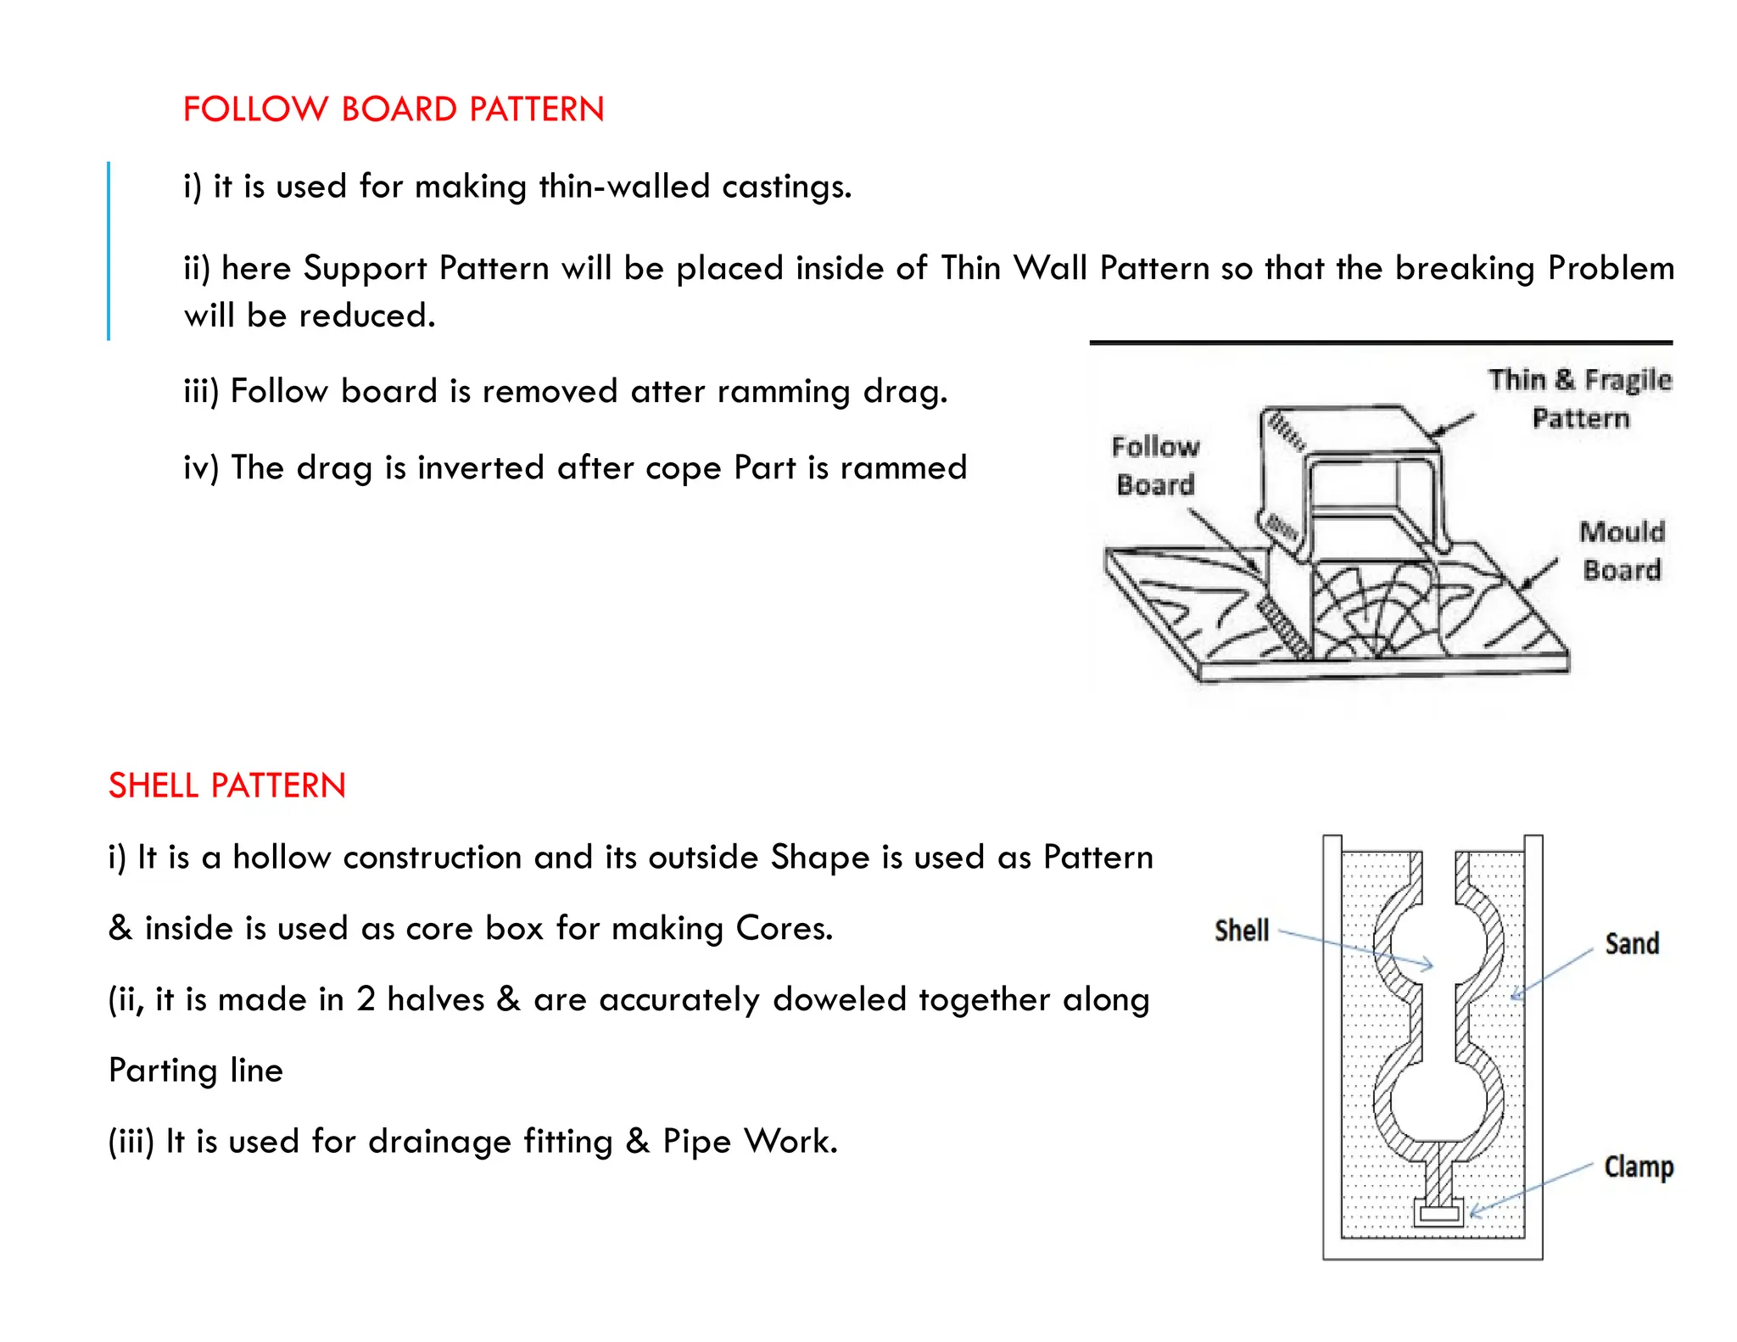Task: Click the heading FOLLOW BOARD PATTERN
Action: click(x=394, y=109)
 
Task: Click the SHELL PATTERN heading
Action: click(x=227, y=786)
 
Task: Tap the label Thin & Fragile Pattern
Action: click(x=1579, y=398)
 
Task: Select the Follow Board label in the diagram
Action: click(x=1155, y=465)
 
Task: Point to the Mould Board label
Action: click(x=1622, y=551)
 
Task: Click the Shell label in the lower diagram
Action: click(x=1242, y=931)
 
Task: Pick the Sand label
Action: click(x=1632, y=943)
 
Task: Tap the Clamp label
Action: click(x=1639, y=1166)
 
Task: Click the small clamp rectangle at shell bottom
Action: click(x=1439, y=1214)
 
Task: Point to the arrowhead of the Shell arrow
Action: click(x=1430, y=965)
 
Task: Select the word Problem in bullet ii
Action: click(x=1611, y=268)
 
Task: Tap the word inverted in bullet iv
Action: click(x=482, y=467)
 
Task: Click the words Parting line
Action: click(x=196, y=1071)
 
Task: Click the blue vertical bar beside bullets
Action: click(x=109, y=251)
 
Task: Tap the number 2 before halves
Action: click(x=366, y=999)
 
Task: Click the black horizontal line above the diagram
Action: click(x=1381, y=343)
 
